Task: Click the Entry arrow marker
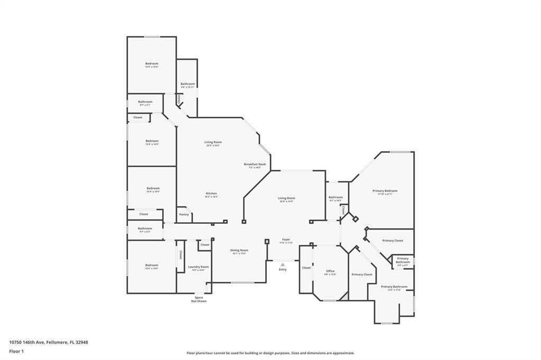283,264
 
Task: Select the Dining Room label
239,251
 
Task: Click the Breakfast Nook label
255,165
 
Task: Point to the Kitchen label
211,194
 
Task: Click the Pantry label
184,214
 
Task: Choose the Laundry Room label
199,268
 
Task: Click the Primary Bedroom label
385,192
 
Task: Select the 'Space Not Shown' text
199,299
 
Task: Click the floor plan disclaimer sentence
270,353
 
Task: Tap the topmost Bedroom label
152,64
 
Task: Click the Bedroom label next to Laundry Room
152,266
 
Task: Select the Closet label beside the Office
306,268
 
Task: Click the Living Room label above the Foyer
286,199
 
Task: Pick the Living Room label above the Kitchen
213,143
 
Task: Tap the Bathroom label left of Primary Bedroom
335,198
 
